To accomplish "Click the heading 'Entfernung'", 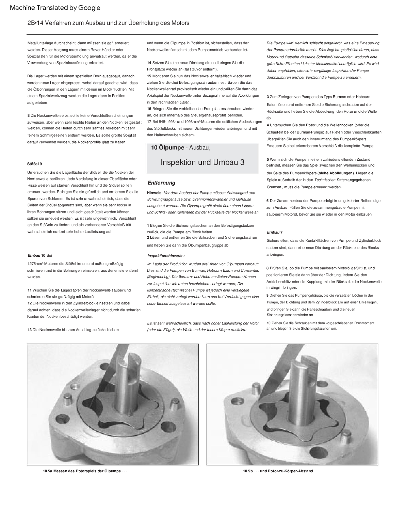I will (x=161, y=183).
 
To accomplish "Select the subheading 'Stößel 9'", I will (x=34, y=164).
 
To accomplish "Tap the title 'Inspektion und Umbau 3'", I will (x=202, y=162).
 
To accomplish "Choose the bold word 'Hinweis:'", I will (x=155, y=193).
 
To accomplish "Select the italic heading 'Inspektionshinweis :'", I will (x=166, y=256).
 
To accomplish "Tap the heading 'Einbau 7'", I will (x=274, y=232).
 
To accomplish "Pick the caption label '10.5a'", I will (x=48, y=471).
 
